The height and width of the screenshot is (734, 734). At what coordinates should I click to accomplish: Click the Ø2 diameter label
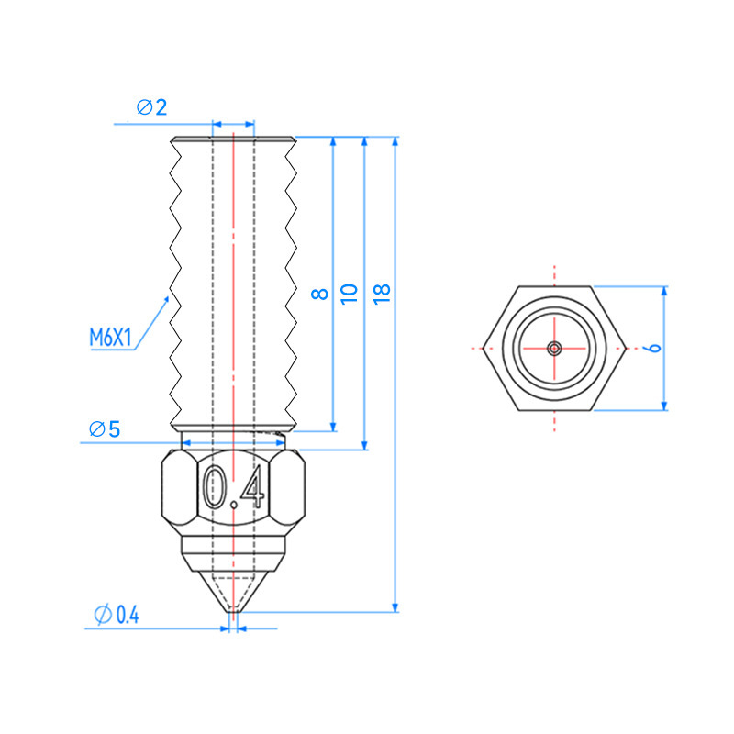pyautogui.click(x=151, y=107)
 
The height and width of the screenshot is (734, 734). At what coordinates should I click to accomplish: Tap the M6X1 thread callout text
pyautogui.click(x=110, y=338)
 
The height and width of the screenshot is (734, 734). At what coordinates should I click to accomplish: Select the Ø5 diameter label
pyautogui.click(x=105, y=429)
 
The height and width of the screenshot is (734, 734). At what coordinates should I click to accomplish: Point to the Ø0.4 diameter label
pyautogui.click(x=117, y=615)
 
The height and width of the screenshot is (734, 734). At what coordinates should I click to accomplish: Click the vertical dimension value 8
pyautogui.click(x=319, y=294)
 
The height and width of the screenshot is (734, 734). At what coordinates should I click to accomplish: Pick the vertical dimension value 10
pyautogui.click(x=350, y=294)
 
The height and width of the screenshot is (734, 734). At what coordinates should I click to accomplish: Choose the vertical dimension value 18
pyautogui.click(x=382, y=294)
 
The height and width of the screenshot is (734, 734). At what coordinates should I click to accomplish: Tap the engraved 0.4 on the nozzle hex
pyautogui.click(x=234, y=487)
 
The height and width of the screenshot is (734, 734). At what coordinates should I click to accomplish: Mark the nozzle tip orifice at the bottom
pyautogui.click(x=234, y=611)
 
